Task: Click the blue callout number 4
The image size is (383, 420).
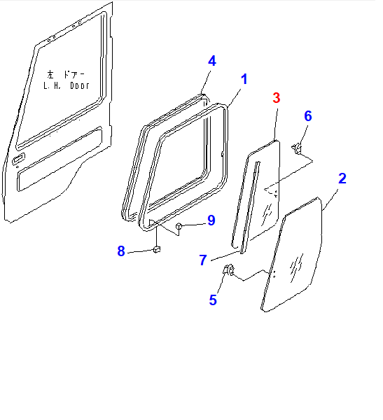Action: point(212,61)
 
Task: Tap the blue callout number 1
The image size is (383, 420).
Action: point(244,79)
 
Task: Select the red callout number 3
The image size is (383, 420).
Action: point(277,98)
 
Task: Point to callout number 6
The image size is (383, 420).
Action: point(308,116)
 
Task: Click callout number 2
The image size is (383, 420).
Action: point(342,178)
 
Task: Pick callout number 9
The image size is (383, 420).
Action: point(211,220)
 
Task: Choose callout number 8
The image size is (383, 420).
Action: point(121,251)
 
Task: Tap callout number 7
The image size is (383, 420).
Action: point(203,260)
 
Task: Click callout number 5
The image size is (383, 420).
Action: point(213,300)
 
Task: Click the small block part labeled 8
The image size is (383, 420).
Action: point(157,249)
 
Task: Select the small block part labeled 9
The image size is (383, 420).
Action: point(179,227)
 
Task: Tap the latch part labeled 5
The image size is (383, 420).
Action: point(229,269)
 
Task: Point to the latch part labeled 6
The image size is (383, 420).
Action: point(297,148)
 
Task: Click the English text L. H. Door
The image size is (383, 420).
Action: point(67,85)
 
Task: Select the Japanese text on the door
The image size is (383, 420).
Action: point(66,74)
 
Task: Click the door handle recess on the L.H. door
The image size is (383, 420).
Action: point(19,158)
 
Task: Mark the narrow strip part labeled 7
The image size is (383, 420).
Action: point(250,208)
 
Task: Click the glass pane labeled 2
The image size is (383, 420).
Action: point(292,255)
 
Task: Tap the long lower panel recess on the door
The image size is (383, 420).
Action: point(60,160)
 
